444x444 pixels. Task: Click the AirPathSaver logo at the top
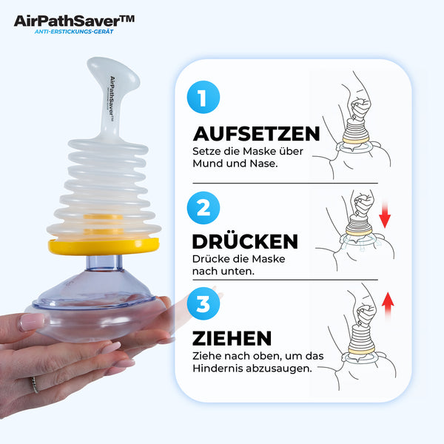pos(74,20)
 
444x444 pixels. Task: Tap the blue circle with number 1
pos(203,97)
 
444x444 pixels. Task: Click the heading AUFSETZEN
pos(256,133)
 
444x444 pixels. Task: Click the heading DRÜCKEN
pos(245,242)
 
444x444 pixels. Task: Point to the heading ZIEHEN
pos(232,337)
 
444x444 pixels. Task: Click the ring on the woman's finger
pos(34,386)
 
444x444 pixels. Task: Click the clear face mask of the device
pos(96,296)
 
